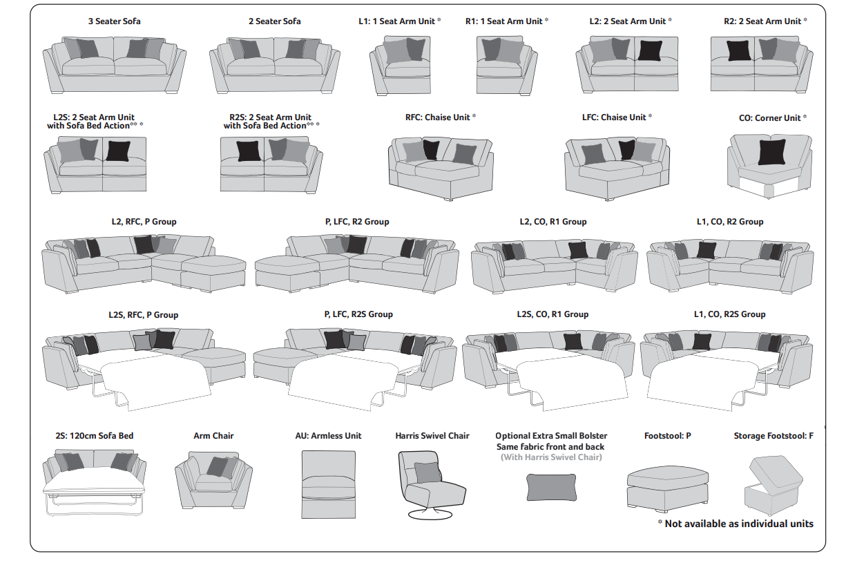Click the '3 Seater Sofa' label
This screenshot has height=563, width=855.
tap(114, 21)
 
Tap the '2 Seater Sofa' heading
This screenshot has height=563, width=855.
tap(274, 21)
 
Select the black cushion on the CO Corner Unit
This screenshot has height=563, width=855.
tap(771, 152)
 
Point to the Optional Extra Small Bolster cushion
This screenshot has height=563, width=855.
tap(551, 487)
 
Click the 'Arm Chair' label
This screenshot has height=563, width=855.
tap(213, 436)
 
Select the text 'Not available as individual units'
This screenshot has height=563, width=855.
tap(739, 524)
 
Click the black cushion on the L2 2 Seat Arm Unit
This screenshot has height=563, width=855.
tap(650, 50)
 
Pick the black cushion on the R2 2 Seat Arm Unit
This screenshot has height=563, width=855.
tap(738, 50)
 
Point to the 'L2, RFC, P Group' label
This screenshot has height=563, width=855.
tap(144, 222)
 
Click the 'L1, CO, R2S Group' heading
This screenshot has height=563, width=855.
tap(729, 314)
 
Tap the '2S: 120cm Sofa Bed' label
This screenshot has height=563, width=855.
tap(95, 436)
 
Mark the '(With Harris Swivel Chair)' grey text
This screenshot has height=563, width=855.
tap(551, 457)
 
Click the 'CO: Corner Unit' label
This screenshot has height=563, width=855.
tap(770, 118)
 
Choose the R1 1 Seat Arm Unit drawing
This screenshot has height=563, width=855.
tap(506, 60)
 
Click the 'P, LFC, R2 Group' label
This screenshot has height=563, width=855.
tap(356, 222)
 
